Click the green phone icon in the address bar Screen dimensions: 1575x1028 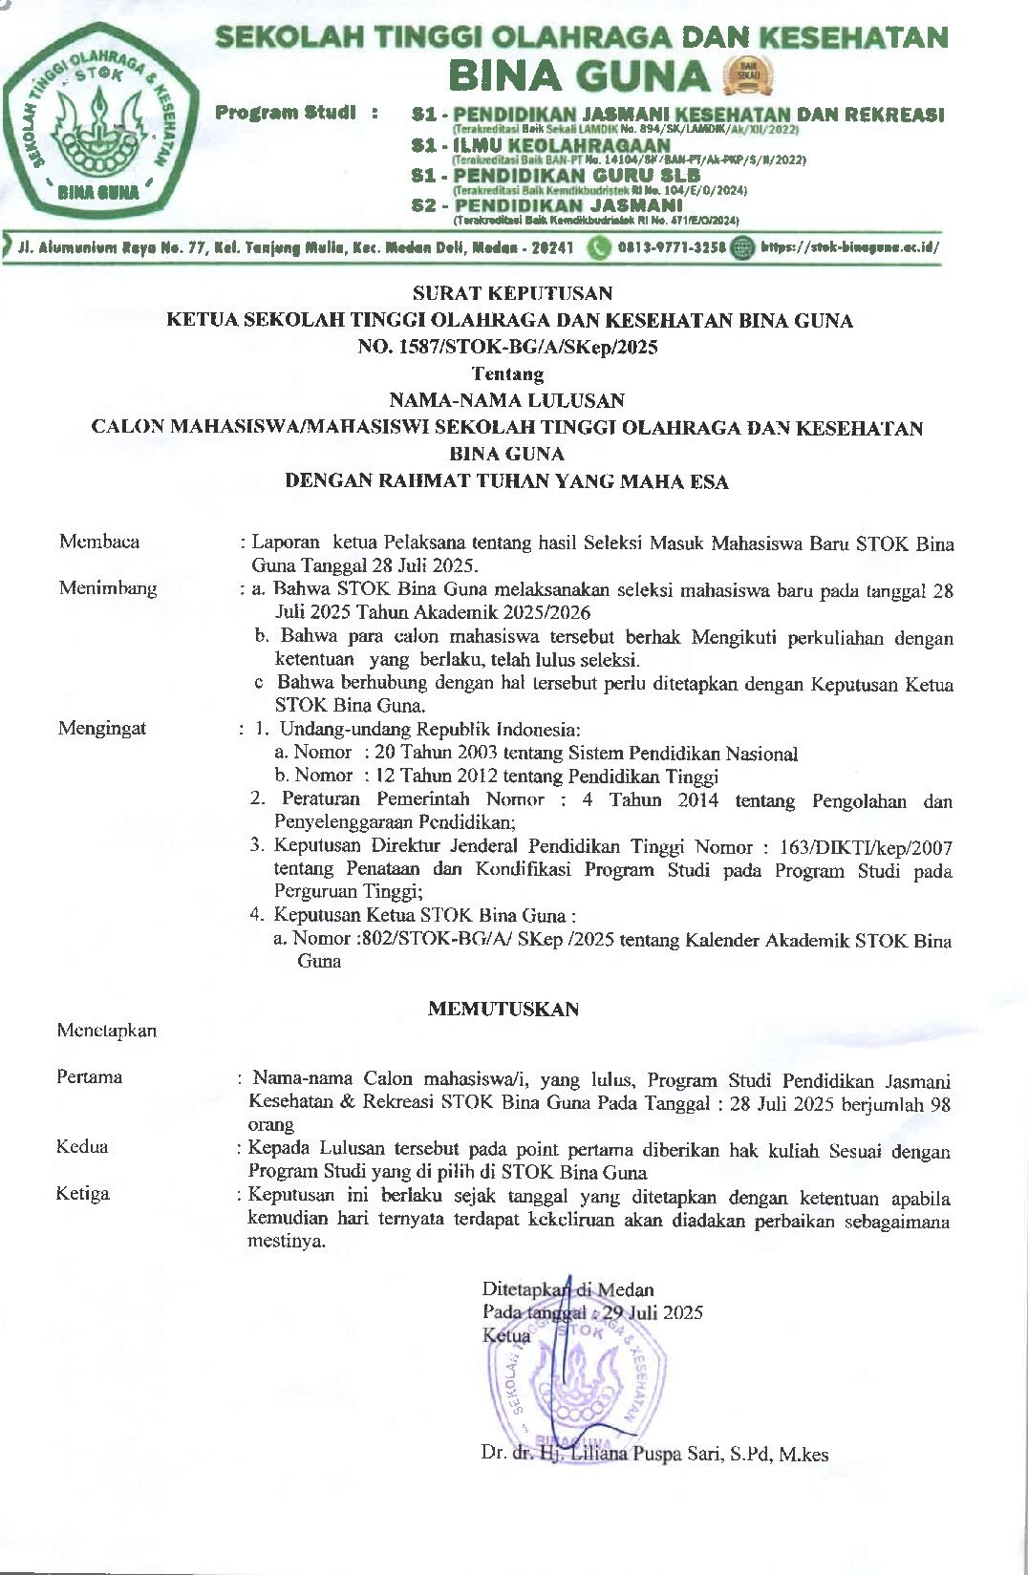click(x=599, y=248)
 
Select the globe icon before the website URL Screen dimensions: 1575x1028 click(x=741, y=248)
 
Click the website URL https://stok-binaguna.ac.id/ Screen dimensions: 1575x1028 click(x=849, y=248)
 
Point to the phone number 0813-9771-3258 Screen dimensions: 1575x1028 click(x=671, y=248)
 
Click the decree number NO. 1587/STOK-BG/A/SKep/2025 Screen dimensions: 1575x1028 click(x=508, y=347)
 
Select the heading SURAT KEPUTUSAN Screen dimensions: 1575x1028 click(x=512, y=293)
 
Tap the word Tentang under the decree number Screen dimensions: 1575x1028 click(x=507, y=373)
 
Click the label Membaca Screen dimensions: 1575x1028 click(x=99, y=542)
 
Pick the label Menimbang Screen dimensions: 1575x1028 click(x=107, y=588)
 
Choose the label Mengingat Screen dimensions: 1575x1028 click(x=102, y=729)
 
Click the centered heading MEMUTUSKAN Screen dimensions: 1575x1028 click(x=503, y=1010)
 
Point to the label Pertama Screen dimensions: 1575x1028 click(x=89, y=1077)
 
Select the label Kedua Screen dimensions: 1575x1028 click(x=82, y=1147)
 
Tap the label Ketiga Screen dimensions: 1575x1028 click(x=82, y=1194)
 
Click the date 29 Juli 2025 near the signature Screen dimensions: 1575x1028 click(x=653, y=1312)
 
